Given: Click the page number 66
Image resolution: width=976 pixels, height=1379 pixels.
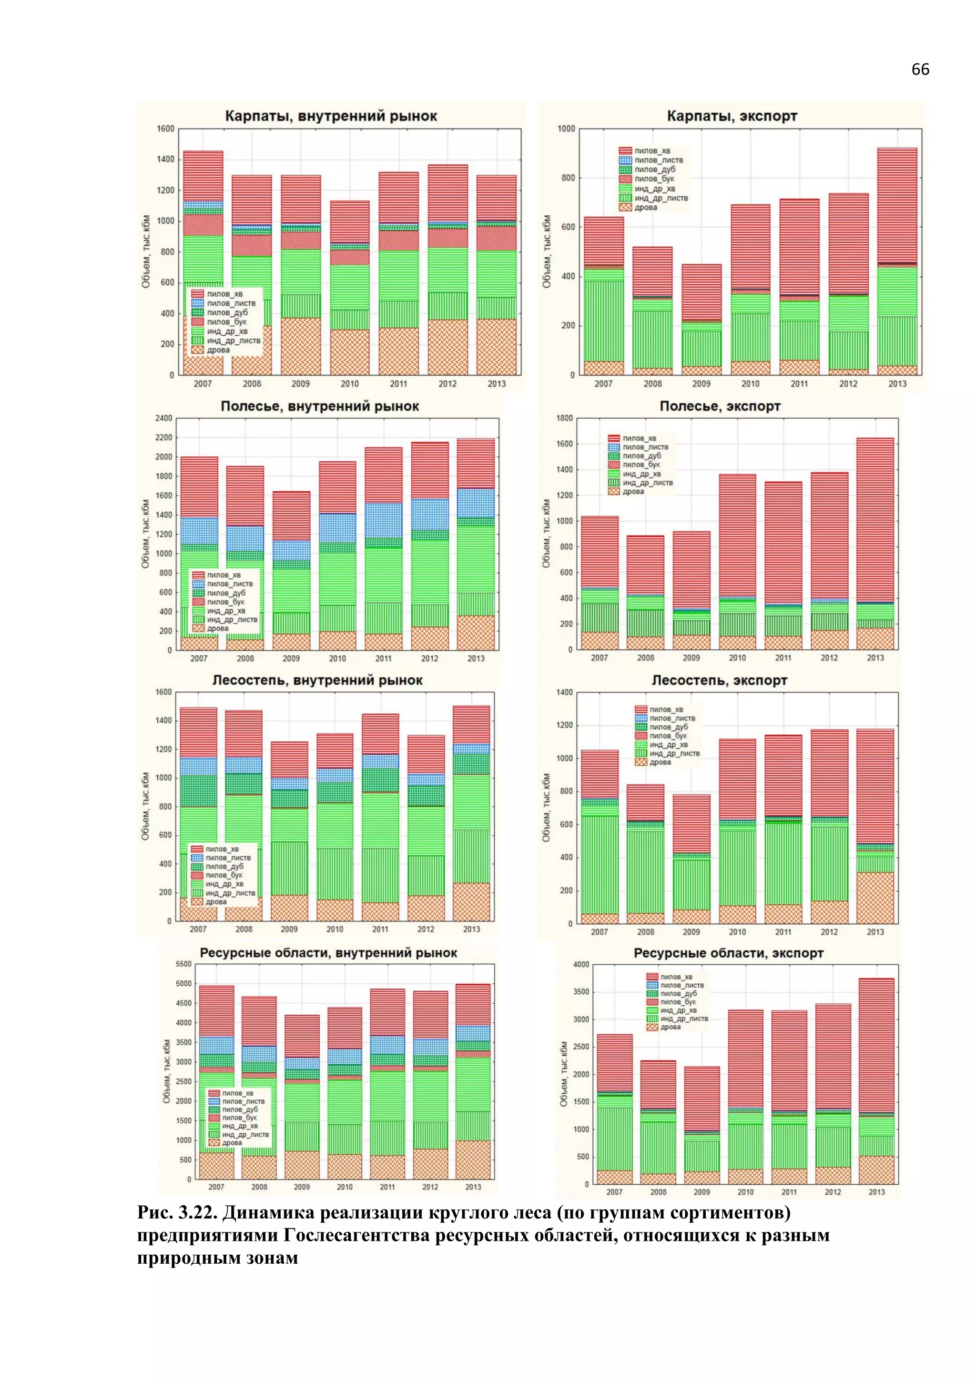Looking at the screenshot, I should (919, 70).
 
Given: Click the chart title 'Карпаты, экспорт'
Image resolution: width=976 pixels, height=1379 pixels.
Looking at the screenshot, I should (732, 116).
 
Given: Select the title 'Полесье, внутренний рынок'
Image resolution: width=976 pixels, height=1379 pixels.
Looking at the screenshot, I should (320, 406).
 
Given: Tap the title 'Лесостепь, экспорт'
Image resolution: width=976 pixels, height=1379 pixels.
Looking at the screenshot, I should (720, 680).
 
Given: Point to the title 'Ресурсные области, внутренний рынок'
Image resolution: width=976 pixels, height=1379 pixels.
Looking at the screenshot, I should (328, 953).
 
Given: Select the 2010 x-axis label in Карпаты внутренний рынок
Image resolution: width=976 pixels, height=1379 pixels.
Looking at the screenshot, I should (349, 384).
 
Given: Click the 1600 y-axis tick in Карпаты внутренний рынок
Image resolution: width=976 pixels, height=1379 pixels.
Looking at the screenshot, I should (165, 129).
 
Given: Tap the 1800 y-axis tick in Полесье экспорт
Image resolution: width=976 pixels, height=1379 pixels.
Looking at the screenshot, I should (564, 418).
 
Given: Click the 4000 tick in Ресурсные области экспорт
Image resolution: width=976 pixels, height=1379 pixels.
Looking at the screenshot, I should (581, 965).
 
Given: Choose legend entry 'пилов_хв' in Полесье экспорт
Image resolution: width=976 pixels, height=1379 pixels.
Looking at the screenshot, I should (639, 439).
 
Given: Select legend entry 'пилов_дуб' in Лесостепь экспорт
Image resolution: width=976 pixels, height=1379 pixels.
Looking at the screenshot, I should (668, 727).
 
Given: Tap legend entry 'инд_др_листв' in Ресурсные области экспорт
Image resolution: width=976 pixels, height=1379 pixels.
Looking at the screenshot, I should (684, 1018).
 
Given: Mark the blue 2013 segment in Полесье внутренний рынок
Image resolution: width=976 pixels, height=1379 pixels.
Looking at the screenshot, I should (476, 503).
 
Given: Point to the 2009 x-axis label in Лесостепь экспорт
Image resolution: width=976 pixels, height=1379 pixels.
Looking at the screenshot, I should (691, 931).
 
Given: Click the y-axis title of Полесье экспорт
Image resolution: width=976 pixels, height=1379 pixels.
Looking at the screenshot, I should (546, 533).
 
